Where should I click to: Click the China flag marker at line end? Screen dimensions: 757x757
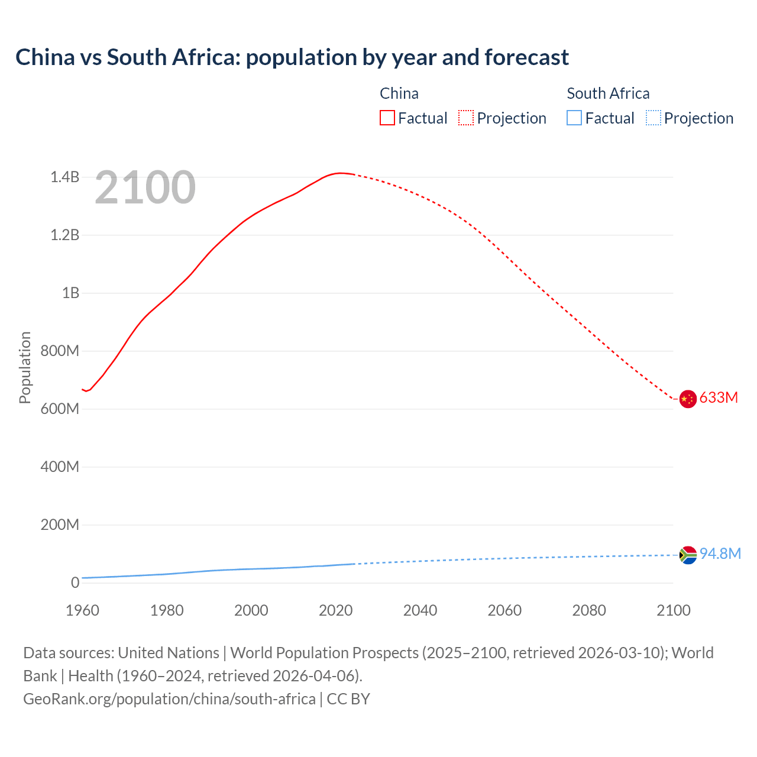point(687,399)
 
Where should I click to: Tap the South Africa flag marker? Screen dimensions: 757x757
point(687,555)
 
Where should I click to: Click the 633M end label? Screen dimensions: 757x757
point(719,397)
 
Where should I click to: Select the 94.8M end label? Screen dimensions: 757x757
point(720,554)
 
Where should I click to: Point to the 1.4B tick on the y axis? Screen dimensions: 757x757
point(64,177)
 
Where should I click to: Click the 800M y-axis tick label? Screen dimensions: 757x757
point(60,351)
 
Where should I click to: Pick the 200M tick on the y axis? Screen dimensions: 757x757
point(60,525)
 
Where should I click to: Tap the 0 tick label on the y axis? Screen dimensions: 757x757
point(75,583)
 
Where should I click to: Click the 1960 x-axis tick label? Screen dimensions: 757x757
point(82,610)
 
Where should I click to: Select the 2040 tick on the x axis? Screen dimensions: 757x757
point(420,610)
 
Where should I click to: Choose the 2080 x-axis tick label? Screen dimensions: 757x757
point(589,610)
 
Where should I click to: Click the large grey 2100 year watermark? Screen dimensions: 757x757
point(145,187)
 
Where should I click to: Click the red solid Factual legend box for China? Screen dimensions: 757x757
point(387,118)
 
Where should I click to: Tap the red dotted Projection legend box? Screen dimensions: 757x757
point(466,118)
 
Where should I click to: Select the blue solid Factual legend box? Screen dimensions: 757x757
point(574,118)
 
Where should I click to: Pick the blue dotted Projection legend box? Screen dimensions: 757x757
point(653,118)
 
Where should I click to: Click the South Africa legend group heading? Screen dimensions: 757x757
point(608,93)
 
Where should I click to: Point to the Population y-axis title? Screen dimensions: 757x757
point(25,367)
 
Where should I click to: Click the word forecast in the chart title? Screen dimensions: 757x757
point(526,57)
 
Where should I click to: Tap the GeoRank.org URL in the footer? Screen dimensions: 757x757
point(169,698)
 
